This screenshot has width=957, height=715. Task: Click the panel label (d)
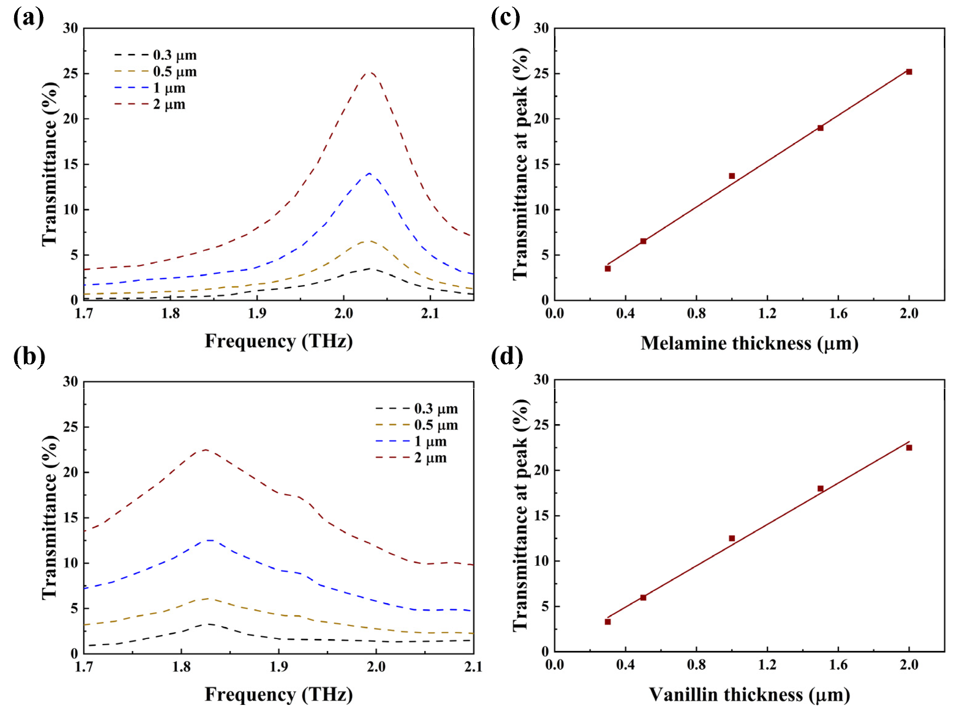(507, 357)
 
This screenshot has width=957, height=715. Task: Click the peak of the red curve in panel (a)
(370, 73)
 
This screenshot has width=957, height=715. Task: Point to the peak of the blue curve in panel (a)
(369, 173)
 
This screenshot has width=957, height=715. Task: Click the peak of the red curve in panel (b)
(206, 450)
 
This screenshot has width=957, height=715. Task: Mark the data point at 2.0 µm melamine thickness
(909, 72)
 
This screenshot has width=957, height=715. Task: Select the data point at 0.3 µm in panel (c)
(607, 269)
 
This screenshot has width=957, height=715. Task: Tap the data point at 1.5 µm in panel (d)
(820, 489)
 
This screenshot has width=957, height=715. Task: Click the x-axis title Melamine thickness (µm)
(749, 344)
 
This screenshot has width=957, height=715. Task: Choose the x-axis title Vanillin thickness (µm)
(749, 695)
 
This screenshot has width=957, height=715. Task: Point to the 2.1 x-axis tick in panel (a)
(430, 314)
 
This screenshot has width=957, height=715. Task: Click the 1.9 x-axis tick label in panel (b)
(279, 667)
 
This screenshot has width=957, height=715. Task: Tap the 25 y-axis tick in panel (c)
(541, 73)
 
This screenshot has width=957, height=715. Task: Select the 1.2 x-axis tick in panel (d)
(767, 665)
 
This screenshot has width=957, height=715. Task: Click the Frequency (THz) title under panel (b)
(279, 695)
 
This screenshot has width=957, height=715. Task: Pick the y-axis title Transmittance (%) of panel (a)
(50, 164)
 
